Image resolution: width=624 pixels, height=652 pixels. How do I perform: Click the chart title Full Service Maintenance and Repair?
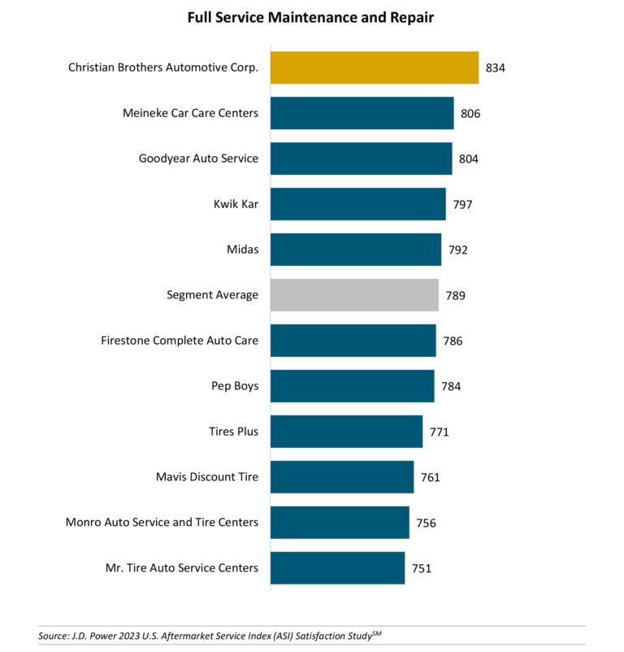[311, 17]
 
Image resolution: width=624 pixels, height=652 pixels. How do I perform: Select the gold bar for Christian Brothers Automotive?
[374, 67]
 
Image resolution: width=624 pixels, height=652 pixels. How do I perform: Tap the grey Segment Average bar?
[354, 295]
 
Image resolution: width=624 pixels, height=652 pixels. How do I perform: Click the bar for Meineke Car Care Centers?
[362, 113]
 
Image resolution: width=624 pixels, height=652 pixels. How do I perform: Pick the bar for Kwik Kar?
[357, 204]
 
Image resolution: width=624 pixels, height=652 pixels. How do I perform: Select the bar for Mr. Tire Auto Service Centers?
[337, 568]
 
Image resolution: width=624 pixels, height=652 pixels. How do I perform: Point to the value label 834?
[496, 68]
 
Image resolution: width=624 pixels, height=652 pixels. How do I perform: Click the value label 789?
[456, 296]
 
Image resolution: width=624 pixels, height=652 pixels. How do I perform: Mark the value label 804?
[469, 159]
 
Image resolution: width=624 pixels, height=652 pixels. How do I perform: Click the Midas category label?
[244, 250]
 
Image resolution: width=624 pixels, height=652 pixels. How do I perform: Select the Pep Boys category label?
[235, 386]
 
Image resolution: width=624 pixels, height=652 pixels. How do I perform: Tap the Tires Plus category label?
[234, 432]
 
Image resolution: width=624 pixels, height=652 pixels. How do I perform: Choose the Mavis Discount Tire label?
[207, 477]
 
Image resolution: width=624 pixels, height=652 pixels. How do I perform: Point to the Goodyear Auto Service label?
[198, 159]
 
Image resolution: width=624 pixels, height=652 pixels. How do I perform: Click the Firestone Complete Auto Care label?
[180, 341]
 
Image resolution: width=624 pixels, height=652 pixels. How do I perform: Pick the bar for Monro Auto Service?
[340, 523]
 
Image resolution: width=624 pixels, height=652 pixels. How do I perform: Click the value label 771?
[439, 432]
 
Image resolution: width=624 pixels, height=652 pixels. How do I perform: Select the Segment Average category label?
[212, 295]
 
